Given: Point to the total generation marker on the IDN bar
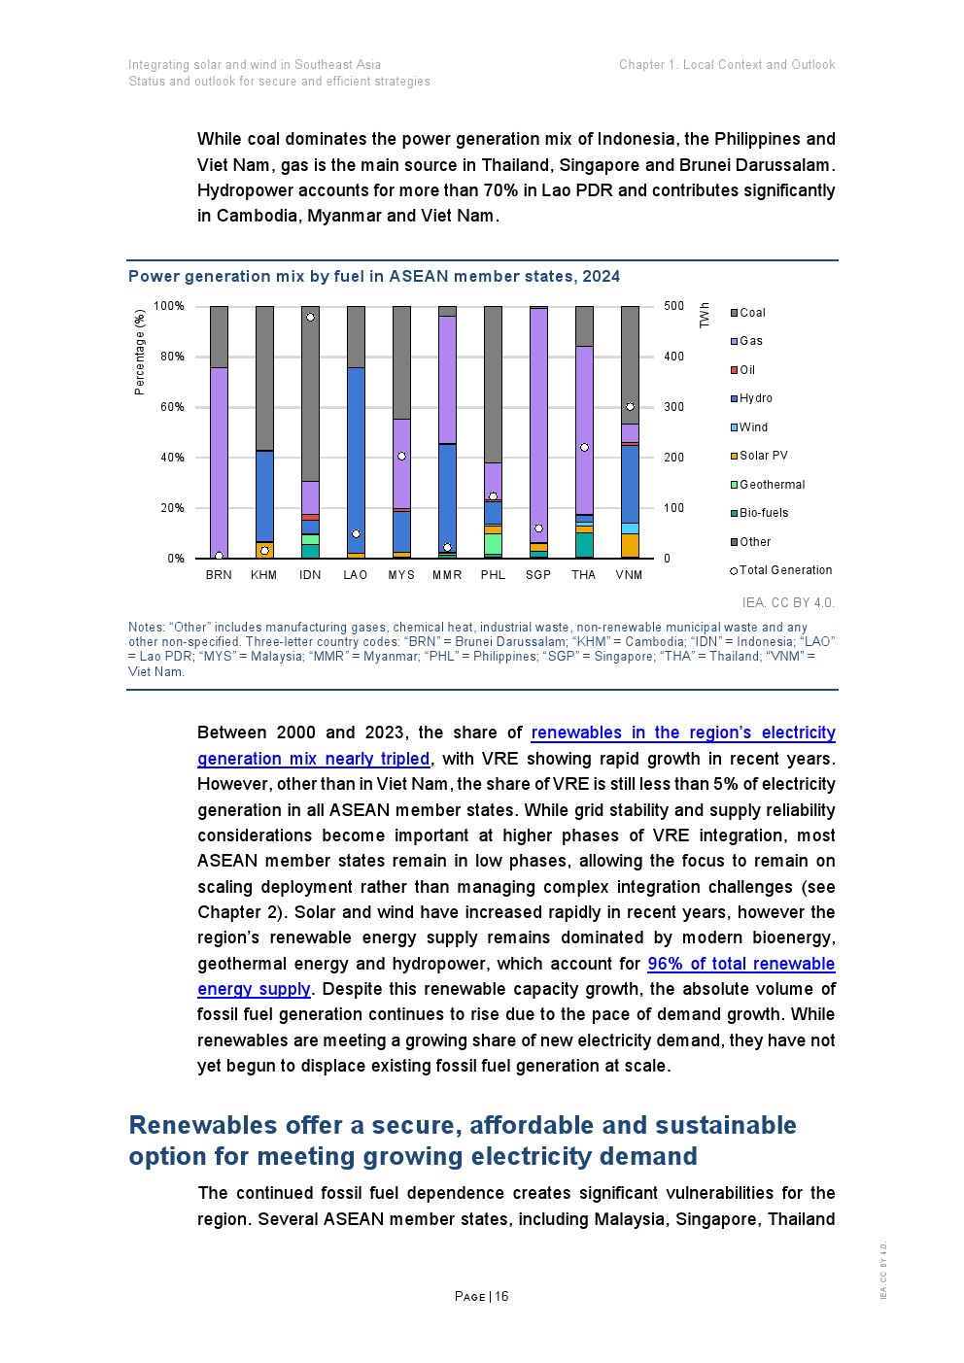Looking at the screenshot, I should click(310, 317).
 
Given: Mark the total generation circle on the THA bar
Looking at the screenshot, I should click(584, 448).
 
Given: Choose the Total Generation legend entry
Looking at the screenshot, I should click(781, 570).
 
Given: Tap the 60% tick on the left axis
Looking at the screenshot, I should click(172, 407).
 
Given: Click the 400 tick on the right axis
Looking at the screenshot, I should click(673, 357).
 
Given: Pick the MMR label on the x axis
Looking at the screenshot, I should click(447, 575).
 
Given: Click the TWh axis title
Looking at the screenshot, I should click(705, 315).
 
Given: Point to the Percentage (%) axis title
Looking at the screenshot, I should click(140, 352).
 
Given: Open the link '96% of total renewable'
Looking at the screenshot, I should click(740, 964).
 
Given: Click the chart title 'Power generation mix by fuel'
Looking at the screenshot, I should click(374, 276).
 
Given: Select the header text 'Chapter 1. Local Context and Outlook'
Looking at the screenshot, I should click(727, 65).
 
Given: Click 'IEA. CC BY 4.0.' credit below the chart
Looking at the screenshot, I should click(788, 602).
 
